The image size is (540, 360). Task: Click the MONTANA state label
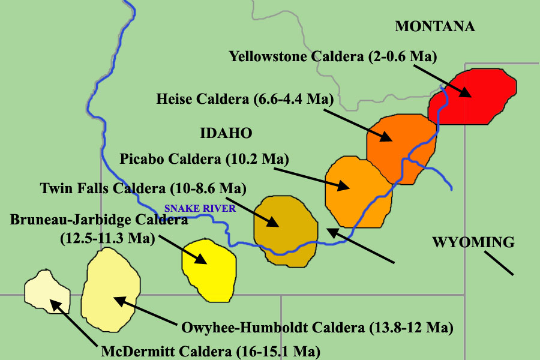tap(435, 26)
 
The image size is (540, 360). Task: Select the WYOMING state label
tap(473, 242)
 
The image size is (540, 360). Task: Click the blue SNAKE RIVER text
tap(200, 209)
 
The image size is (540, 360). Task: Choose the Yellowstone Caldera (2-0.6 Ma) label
tap(332, 56)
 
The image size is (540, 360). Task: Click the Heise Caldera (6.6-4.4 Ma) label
tap(244, 98)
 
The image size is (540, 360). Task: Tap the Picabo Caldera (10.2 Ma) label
tap(204, 159)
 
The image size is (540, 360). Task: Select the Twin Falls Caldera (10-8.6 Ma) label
tap(143, 188)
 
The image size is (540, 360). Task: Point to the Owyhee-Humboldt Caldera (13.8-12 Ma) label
tap(316, 328)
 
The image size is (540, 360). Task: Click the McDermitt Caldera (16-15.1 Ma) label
tap(210, 350)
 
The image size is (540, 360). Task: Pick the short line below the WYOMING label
tap(499, 263)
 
